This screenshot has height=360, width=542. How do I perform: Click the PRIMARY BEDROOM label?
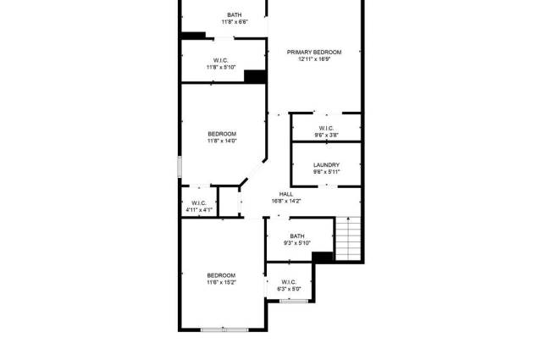(314, 53)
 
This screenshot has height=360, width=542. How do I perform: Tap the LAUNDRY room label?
(326, 165)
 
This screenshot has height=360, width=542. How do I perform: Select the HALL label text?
(286, 194)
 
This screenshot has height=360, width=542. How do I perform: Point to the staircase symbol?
(348, 239)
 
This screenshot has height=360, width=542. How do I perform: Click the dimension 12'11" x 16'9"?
(314, 59)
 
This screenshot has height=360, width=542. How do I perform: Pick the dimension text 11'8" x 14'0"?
(222, 141)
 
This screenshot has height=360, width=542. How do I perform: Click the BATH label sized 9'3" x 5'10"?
(297, 236)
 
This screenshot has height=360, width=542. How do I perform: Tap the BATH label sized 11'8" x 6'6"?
(235, 15)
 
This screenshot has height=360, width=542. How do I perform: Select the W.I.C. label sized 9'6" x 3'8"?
(326, 128)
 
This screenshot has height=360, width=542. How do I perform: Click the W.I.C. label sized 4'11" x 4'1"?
(199, 203)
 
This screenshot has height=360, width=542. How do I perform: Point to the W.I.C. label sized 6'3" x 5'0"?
(289, 282)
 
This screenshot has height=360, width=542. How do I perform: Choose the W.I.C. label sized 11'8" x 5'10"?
(221, 60)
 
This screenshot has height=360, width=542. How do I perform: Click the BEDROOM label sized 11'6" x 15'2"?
(221, 275)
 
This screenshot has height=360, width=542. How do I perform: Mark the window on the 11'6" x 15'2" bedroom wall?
(224, 330)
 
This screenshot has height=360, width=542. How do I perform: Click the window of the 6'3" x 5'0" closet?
(294, 302)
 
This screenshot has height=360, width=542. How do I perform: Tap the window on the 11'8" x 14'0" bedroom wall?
(180, 167)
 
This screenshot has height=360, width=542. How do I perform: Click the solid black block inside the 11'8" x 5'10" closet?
(255, 76)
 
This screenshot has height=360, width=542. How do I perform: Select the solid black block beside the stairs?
(323, 257)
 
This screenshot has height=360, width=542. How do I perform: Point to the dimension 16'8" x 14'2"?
(286, 201)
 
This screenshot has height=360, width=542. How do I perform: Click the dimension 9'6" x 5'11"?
(326, 172)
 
